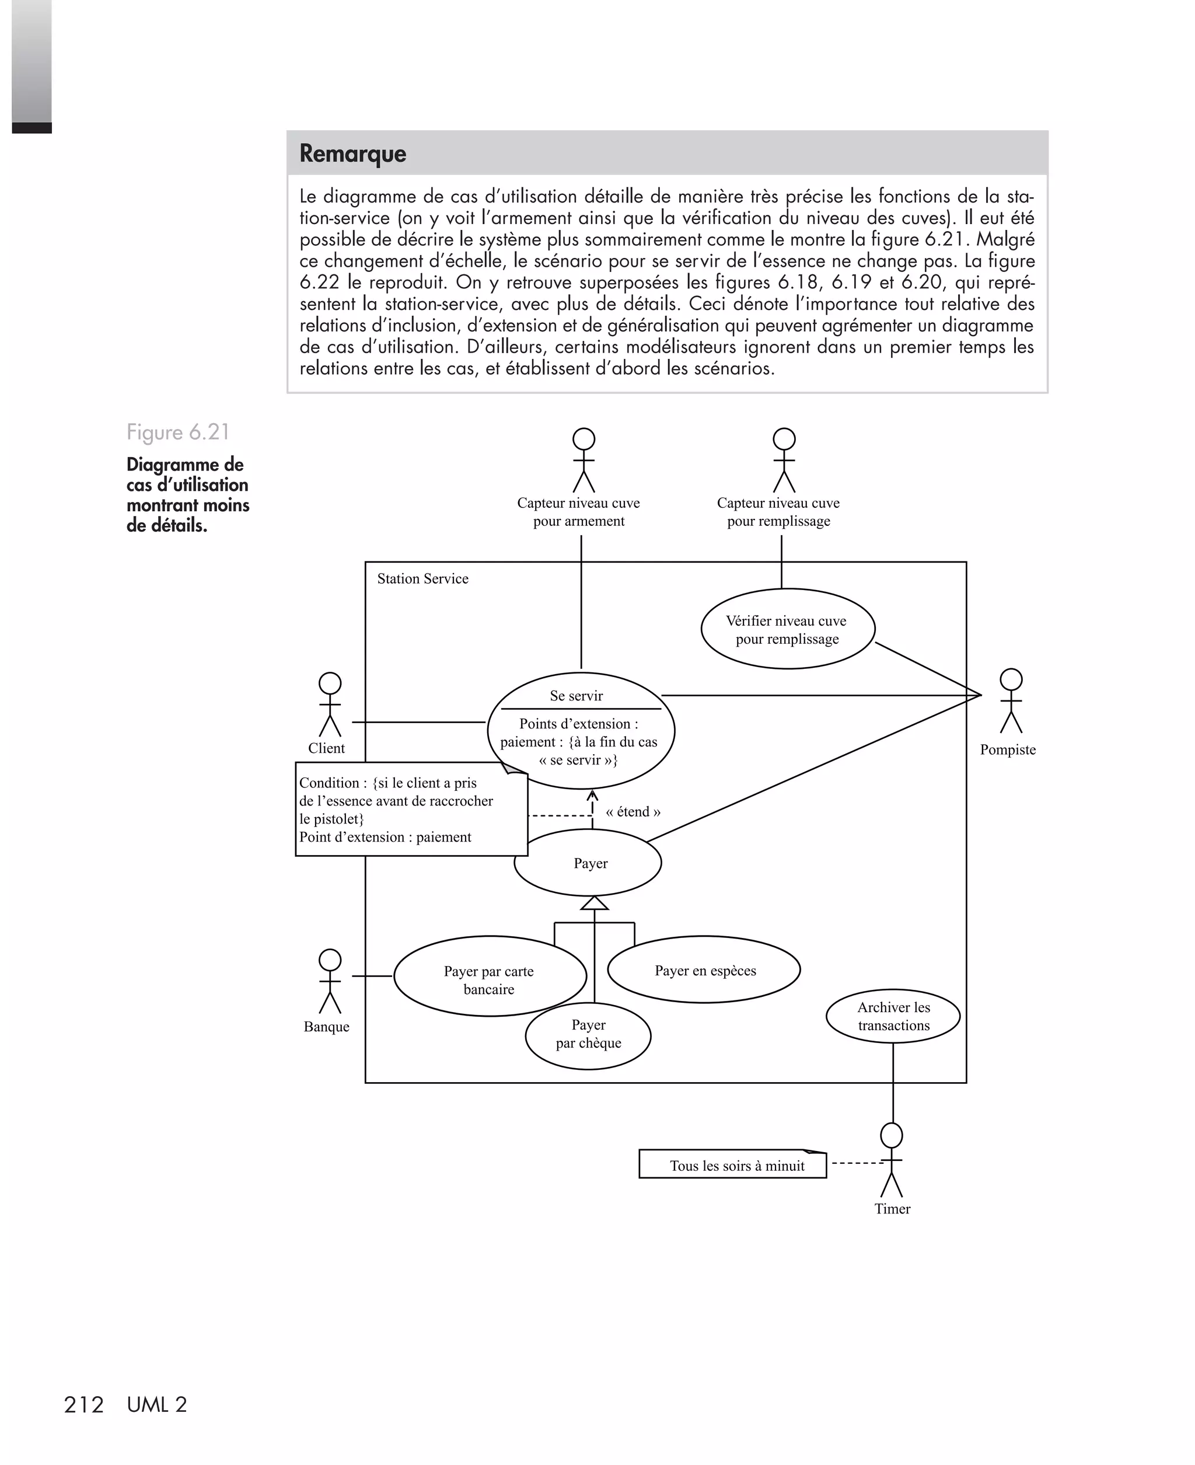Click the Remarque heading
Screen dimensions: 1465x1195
tap(352, 154)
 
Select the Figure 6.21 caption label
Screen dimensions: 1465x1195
tap(177, 432)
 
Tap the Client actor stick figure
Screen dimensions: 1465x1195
tap(330, 705)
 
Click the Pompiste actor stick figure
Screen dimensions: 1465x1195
tap(1011, 702)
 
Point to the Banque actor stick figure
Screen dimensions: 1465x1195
tap(330, 982)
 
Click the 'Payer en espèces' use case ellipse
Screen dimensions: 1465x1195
tap(704, 970)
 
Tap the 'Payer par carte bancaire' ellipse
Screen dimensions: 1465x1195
tap(489, 978)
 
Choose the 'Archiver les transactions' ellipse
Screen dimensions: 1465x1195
tap(893, 1016)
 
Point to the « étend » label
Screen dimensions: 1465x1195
tap(633, 812)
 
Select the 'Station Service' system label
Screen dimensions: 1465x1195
tap(422, 579)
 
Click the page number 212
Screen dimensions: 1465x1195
tap(83, 1405)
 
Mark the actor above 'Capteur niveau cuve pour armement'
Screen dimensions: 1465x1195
tap(583, 460)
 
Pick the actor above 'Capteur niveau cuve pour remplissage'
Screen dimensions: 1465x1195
tap(784, 460)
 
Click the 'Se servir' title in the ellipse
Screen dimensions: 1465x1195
tap(576, 696)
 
